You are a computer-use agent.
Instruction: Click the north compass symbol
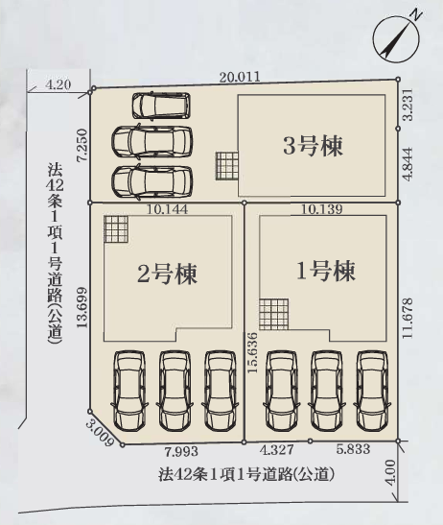click(x=396, y=39)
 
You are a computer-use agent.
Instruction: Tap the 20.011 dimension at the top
click(x=240, y=77)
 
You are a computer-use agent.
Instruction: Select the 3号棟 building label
click(x=313, y=147)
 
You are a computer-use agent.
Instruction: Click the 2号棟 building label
click(x=167, y=274)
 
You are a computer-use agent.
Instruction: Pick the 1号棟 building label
click(x=326, y=271)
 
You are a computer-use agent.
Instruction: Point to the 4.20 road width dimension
click(x=58, y=84)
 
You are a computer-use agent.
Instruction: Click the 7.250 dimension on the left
click(x=82, y=145)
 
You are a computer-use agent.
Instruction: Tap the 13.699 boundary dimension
click(x=82, y=307)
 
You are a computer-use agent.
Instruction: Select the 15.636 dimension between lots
click(x=252, y=352)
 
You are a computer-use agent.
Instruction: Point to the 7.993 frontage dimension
click(x=181, y=452)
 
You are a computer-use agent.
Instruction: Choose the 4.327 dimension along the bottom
click(x=277, y=449)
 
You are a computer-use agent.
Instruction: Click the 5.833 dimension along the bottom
click(x=353, y=449)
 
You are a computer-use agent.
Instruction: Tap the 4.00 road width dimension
click(x=390, y=472)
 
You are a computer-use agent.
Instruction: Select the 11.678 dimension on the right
click(x=408, y=318)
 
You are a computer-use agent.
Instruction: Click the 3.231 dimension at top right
click(x=408, y=105)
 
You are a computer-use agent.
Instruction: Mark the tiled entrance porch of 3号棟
click(x=227, y=166)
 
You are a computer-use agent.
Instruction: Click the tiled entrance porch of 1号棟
click(x=273, y=315)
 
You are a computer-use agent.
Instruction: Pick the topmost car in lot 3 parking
click(x=161, y=106)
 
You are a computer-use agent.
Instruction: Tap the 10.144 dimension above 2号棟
click(x=167, y=209)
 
